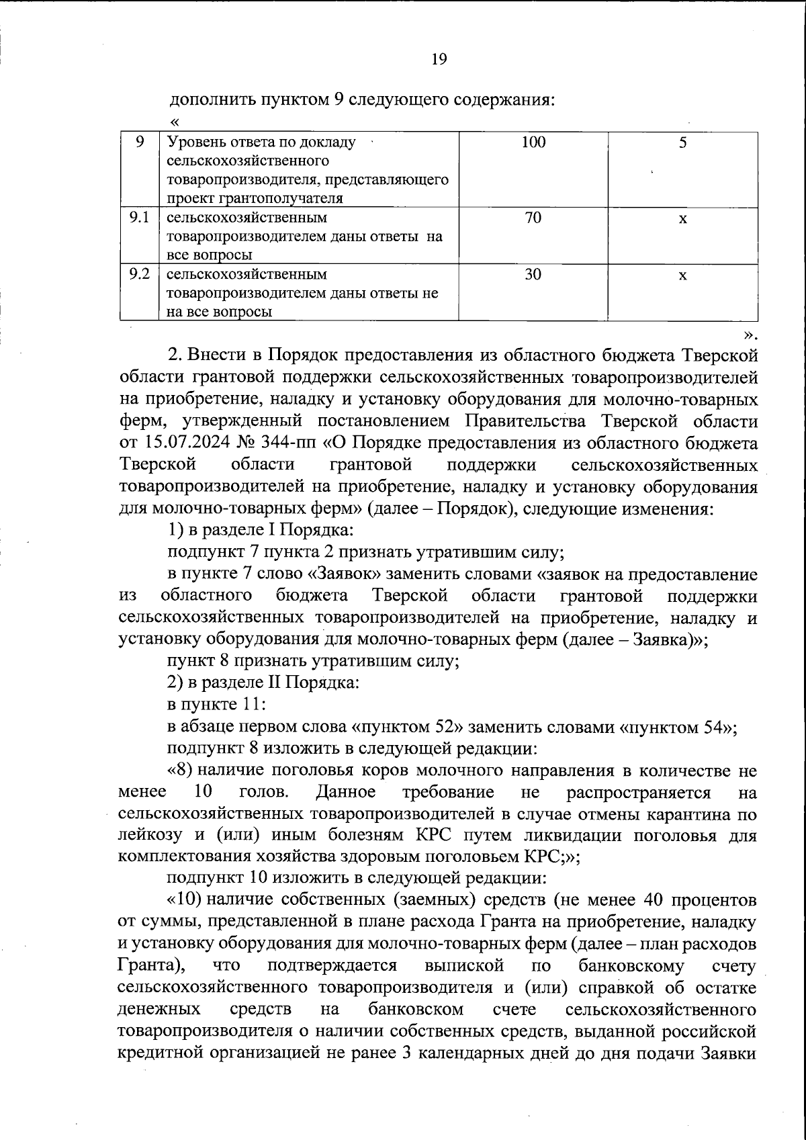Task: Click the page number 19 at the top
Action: click(x=439, y=59)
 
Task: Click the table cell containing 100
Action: click(x=533, y=142)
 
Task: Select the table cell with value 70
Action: click(x=533, y=218)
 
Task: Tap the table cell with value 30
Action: click(x=533, y=274)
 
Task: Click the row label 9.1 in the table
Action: click(x=139, y=217)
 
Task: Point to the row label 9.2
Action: click(x=139, y=273)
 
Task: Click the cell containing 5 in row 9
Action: click(x=682, y=142)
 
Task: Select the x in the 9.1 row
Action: click(x=682, y=219)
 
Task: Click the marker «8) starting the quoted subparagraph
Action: click(x=180, y=771)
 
